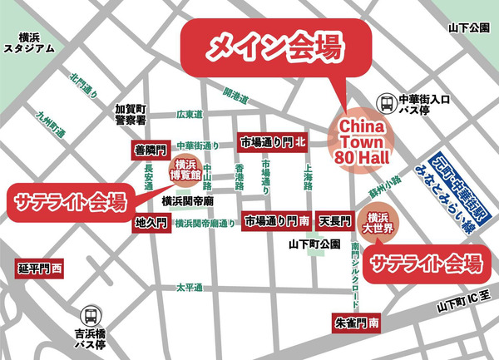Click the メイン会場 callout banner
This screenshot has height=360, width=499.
click(x=274, y=46)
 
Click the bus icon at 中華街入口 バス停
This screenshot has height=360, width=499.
click(x=387, y=103)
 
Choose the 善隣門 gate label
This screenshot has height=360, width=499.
click(x=151, y=150)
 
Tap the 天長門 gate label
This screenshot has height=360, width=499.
click(x=336, y=220)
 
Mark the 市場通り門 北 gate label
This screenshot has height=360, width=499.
click(x=274, y=142)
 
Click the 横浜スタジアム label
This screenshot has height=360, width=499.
click(x=29, y=42)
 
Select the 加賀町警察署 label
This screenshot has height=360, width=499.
click(x=131, y=115)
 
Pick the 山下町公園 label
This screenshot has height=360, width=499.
click(x=313, y=245)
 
